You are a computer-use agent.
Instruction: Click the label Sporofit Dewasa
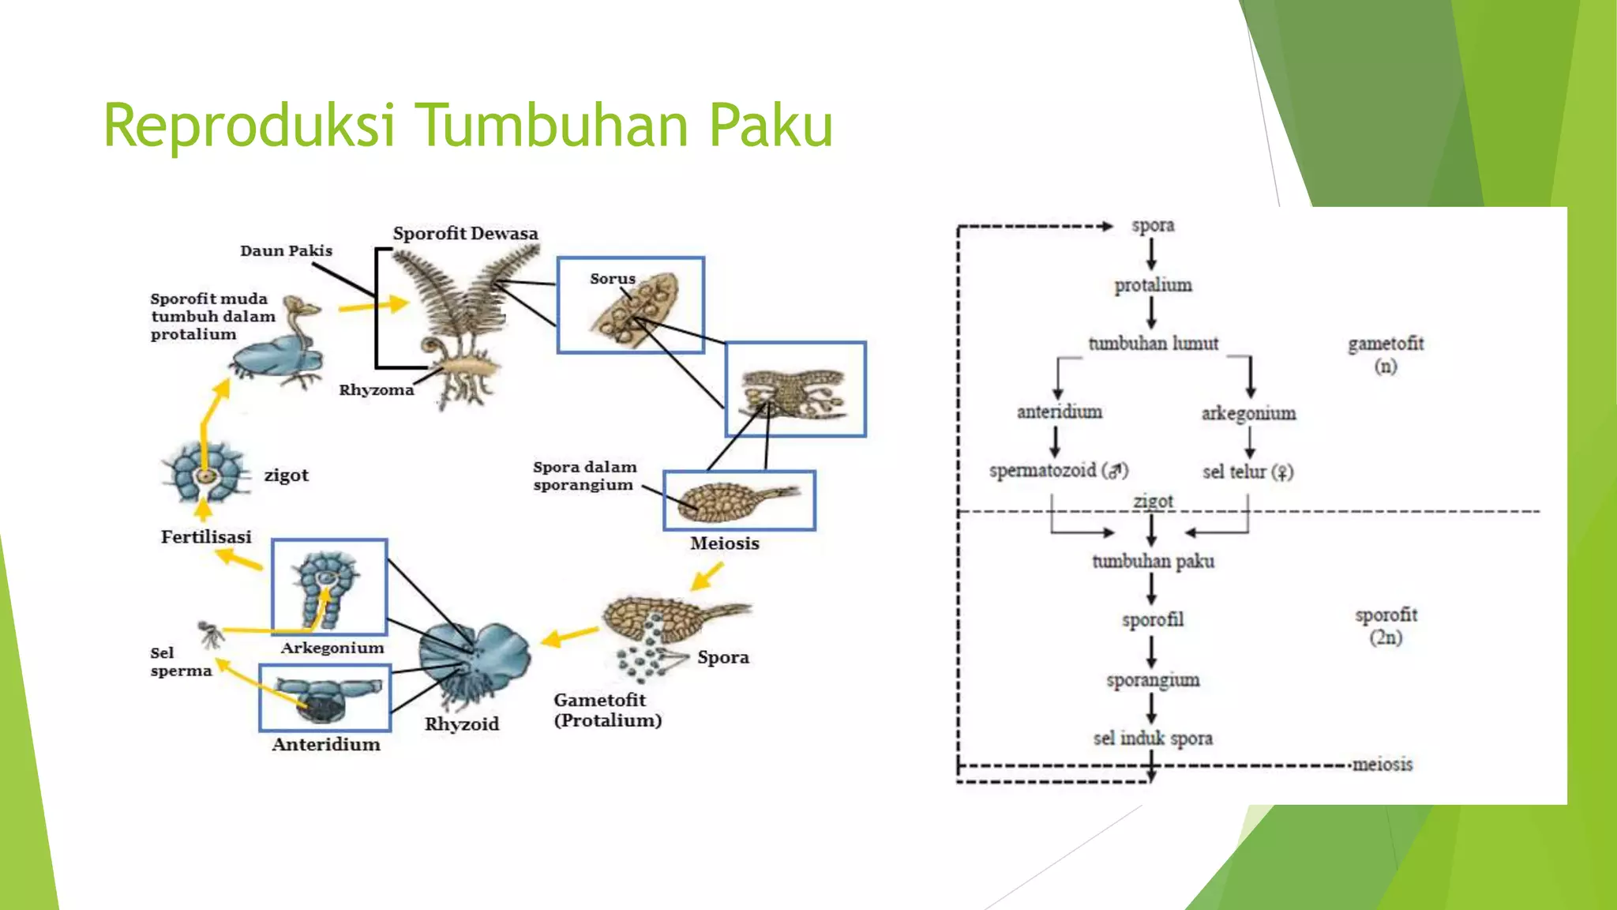pyautogui.click(x=465, y=234)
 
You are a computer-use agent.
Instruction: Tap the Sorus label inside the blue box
pyautogui.click(x=612, y=279)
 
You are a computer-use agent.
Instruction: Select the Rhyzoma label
pyautogui.click(x=376, y=390)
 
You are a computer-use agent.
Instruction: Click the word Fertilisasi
pyautogui.click(x=206, y=537)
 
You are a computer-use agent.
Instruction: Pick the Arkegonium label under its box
pyautogui.click(x=332, y=648)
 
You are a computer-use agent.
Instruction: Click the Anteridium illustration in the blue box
pyautogui.click(x=325, y=698)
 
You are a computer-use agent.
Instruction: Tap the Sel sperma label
pyautogui.click(x=181, y=662)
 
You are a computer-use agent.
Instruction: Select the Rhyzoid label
pyautogui.click(x=462, y=724)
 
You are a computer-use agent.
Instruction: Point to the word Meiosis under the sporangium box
pyautogui.click(x=724, y=543)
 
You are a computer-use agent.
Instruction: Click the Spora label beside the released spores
pyautogui.click(x=722, y=657)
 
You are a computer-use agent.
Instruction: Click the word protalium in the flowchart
pyautogui.click(x=1153, y=285)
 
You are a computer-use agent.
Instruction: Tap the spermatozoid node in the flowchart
pyautogui.click(x=1058, y=471)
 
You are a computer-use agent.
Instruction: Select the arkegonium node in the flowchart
pyautogui.click(x=1248, y=413)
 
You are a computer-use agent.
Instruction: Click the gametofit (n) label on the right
pyautogui.click(x=1386, y=354)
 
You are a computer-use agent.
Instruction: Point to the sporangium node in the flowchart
pyautogui.click(x=1153, y=680)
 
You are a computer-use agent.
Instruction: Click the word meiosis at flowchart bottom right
pyautogui.click(x=1382, y=765)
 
